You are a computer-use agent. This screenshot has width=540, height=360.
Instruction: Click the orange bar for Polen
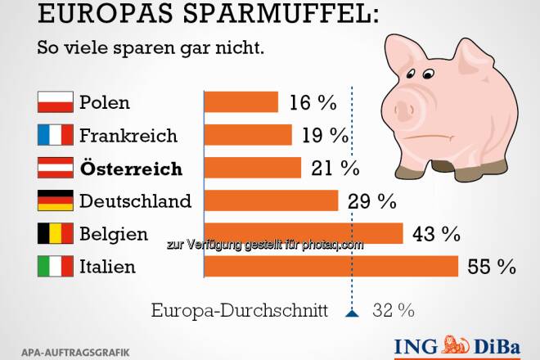pyautogui.click(x=241, y=102)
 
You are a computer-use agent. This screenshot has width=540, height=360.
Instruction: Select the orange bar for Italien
pyautogui.click(x=331, y=267)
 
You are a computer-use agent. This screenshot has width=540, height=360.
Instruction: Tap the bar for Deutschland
pyautogui.click(x=271, y=200)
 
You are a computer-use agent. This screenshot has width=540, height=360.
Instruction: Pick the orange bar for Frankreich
pyautogui.click(x=247, y=135)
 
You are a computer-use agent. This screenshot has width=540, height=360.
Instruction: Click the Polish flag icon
pyautogui.click(x=56, y=103)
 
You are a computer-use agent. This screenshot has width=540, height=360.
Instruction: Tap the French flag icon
pyautogui.click(x=56, y=135)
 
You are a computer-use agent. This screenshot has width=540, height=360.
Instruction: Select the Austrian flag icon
pyautogui.click(x=56, y=168)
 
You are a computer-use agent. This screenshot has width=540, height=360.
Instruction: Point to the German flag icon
pyautogui.click(x=56, y=200)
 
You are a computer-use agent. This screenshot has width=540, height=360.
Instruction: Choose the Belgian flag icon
pyautogui.click(x=56, y=234)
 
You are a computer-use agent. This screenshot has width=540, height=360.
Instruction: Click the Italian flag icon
pyautogui.click(x=56, y=267)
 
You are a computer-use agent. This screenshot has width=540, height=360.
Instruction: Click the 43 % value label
pyautogui.click(x=437, y=234)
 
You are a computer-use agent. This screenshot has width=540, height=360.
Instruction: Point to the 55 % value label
pyautogui.click(x=492, y=267)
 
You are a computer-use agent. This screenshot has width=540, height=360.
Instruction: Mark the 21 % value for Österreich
pyautogui.click(x=335, y=168)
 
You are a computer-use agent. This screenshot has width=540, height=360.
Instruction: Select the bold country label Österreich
pyautogui.click(x=130, y=168)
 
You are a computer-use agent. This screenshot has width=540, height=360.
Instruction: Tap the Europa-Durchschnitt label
pyautogui.click(x=240, y=311)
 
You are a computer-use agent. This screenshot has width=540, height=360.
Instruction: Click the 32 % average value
pyautogui.click(x=393, y=311)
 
